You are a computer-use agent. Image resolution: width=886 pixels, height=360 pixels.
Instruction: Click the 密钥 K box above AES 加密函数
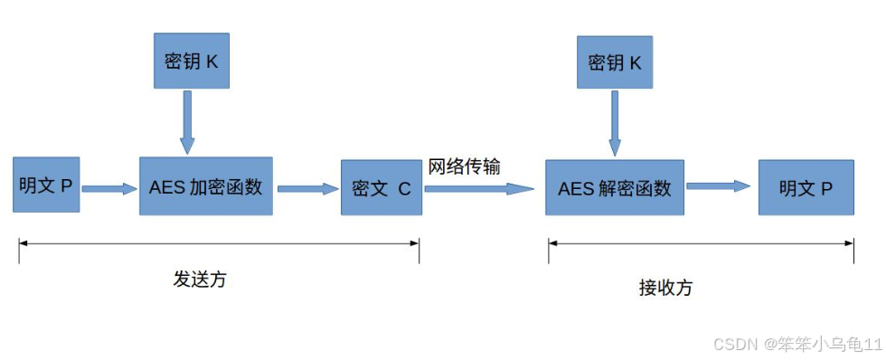coord(191,62)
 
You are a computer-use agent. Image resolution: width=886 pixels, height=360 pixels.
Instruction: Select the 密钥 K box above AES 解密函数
coord(616,62)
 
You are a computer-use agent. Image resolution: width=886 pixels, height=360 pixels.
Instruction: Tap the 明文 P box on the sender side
coord(46,185)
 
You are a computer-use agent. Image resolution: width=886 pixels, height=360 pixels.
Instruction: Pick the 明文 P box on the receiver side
coord(806,187)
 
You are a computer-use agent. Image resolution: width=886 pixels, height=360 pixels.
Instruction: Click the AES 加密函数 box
coord(206,186)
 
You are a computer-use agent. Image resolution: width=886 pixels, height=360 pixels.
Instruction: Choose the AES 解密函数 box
coord(615,187)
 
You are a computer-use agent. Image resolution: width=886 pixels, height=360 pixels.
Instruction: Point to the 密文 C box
coord(382,188)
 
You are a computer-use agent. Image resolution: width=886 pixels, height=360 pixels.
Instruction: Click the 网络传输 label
coord(465,166)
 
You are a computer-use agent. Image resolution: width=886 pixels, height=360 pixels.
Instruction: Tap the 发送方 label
coord(200,279)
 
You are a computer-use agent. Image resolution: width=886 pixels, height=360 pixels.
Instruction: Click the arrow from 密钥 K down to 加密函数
coord(187,121)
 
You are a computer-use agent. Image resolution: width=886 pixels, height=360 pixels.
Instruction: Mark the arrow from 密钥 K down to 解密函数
coord(615,123)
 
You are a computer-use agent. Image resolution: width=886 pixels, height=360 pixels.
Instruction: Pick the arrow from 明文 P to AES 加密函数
coord(108,189)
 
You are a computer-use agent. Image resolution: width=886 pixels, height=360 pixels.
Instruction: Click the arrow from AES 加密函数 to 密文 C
coord(306,189)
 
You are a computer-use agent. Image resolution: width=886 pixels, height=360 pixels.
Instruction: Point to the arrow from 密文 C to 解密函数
coord(479,189)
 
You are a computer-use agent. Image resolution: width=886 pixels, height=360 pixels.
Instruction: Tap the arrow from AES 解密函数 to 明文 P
coord(719,186)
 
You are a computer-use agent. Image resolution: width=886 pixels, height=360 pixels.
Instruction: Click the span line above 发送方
coord(219,242)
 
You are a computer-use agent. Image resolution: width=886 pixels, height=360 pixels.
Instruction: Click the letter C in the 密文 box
coord(404,189)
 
